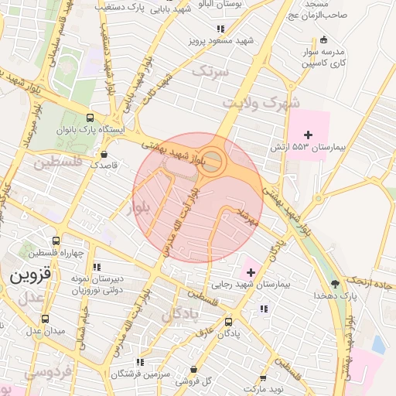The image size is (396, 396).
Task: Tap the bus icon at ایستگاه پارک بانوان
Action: [90, 118]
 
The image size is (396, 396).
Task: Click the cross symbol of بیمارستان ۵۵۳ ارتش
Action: [308, 135]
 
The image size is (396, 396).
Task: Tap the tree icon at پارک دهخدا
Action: [334, 284]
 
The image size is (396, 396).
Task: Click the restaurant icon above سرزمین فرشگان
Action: [140, 361]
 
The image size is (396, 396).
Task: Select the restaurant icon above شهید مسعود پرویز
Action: [200, 29]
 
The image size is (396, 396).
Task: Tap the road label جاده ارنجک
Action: [367, 278]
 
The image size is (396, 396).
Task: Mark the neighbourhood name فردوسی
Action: [21, 372]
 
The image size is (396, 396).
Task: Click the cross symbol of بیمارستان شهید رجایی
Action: [251, 272]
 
